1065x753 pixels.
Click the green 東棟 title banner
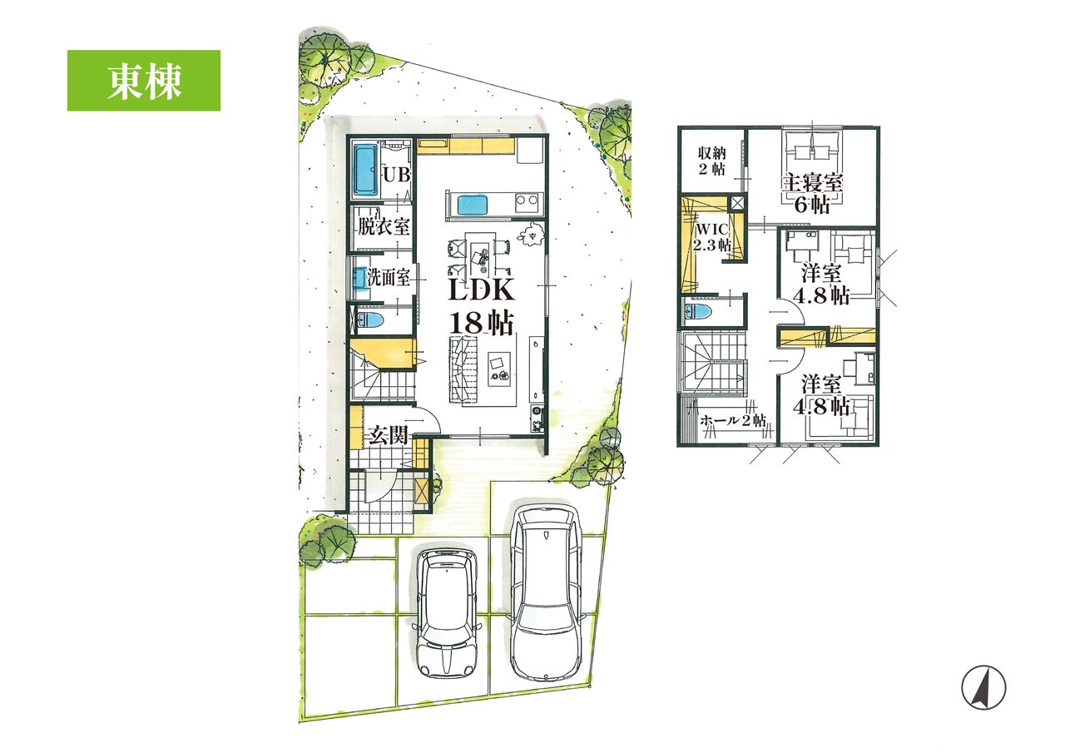pyautogui.click(x=144, y=81)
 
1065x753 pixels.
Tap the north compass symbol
pyautogui.click(x=983, y=687)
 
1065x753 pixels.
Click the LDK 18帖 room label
pyautogui.click(x=481, y=307)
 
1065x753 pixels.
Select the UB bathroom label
pyautogui.click(x=397, y=175)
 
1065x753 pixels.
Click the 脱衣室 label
pyautogui.click(x=384, y=226)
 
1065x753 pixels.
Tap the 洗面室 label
pyautogui.click(x=389, y=278)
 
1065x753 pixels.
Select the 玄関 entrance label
pyautogui.click(x=389, y=434)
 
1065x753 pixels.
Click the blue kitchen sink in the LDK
pyautogui.click(x=473, y=205)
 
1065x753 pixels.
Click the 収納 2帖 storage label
pyautogui.click(x=711, y=161)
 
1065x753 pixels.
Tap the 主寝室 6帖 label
pyautogui.click(x=813, y=193)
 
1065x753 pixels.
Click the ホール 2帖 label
pyautogui.click(x=733, y=421)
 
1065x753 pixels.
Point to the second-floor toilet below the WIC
pyautogui.click(x=698, y=312)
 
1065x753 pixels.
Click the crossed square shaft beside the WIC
pyautogui.click(x=736, y=203)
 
